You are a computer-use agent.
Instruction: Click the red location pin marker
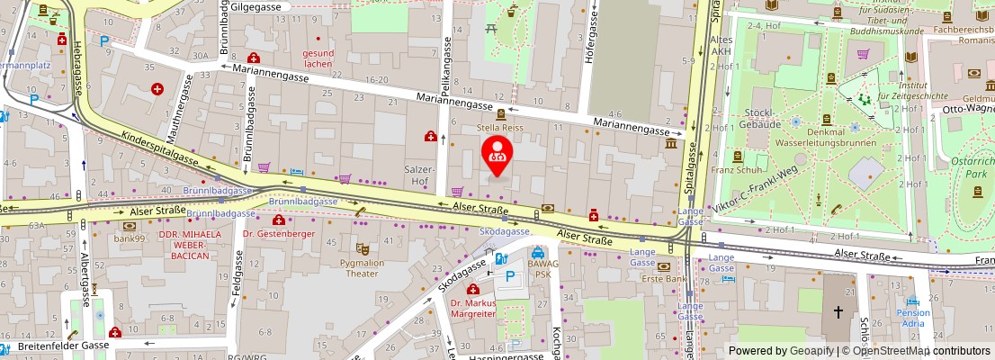[x=496, y=154]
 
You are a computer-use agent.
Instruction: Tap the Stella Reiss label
[x=499, y=128]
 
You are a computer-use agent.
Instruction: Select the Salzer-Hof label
[x=420, y=175]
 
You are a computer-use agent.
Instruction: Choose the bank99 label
[x=129, y=238]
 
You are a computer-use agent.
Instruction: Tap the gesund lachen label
[x=318, y=58]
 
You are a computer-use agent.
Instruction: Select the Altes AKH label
[x=722, y=46]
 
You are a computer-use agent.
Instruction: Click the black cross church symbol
[x=838, y=312]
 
